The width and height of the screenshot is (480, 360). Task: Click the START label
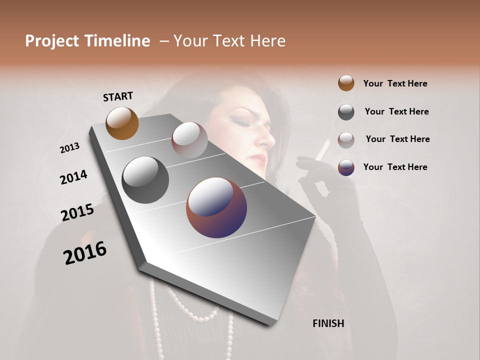point(118,96)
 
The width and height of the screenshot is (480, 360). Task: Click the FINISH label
point(328,323)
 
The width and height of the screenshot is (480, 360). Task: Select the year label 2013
point(69,148)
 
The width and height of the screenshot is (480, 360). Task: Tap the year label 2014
point(73,177)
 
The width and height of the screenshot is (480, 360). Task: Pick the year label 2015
point(77,212)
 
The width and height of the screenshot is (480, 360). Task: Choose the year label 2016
point(85,252)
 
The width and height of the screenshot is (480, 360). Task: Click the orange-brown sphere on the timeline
point(122,123)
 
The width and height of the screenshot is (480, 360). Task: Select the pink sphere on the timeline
point(189,139)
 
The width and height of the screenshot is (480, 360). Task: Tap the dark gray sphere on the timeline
point(145,180)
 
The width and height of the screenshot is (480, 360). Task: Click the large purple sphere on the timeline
point(216,207)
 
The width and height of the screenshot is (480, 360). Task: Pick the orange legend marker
point(346,83)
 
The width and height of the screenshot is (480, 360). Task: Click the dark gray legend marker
point(346,112)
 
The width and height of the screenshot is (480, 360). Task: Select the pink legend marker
point(346,139)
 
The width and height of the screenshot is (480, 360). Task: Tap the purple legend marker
point(346,167)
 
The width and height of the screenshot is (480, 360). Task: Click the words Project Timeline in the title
point(87,41)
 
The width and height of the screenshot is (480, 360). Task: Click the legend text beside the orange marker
point(395,83)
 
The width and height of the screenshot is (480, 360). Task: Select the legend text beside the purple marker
point(395,167)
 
